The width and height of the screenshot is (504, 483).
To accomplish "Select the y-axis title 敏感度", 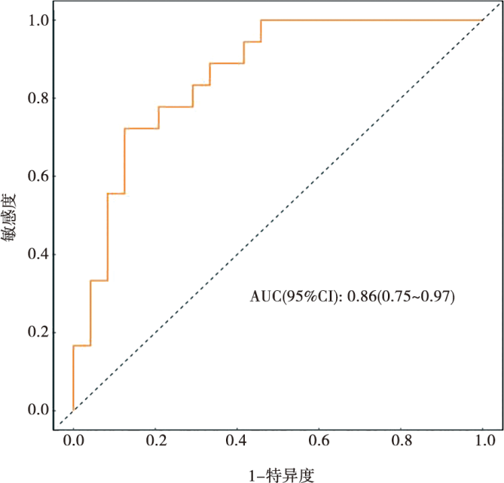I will (12, 216).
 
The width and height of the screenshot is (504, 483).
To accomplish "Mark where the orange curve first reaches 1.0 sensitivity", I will (261, 20).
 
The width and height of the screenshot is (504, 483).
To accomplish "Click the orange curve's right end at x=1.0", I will (482, 20).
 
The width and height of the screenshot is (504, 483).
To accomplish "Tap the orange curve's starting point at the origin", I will (73, 410).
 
